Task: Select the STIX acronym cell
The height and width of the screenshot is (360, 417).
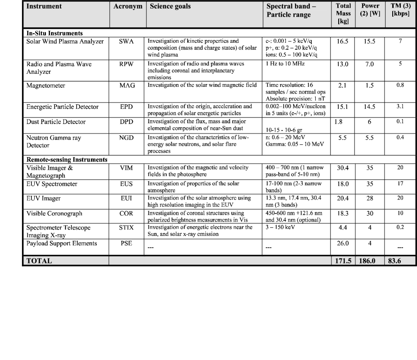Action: click(127, 228)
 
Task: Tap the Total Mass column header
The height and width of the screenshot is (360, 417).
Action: click(343, 14)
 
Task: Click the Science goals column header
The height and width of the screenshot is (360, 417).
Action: click(170, 7)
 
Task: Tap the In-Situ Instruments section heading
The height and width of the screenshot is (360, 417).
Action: click(54, 33)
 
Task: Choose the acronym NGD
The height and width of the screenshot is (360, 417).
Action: click(127, 138)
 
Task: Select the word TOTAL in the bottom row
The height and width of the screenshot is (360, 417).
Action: click(40, 261)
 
